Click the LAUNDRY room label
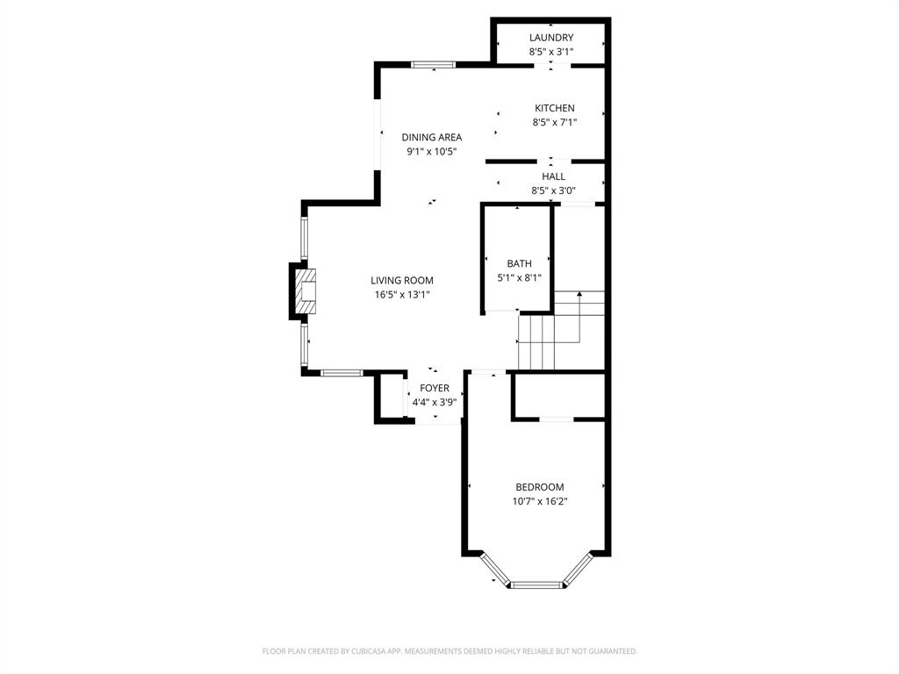(551, 38)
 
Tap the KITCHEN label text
(555, 108)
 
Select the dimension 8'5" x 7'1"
(555, 123)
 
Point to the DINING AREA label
(432, 137)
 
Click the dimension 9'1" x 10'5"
(432, 152)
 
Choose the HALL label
(554, 176)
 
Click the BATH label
(519, 263)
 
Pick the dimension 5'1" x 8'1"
(519, 278)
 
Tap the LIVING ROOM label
(402, 281)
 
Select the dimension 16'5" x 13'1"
(402, 295)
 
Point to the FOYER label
(435, 388)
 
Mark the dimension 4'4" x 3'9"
(435, 403)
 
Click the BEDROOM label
(540, 487)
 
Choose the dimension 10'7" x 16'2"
(540, 502)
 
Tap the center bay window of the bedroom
(536, 584)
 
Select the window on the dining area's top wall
(434, 64)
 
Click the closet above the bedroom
(559, 397)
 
